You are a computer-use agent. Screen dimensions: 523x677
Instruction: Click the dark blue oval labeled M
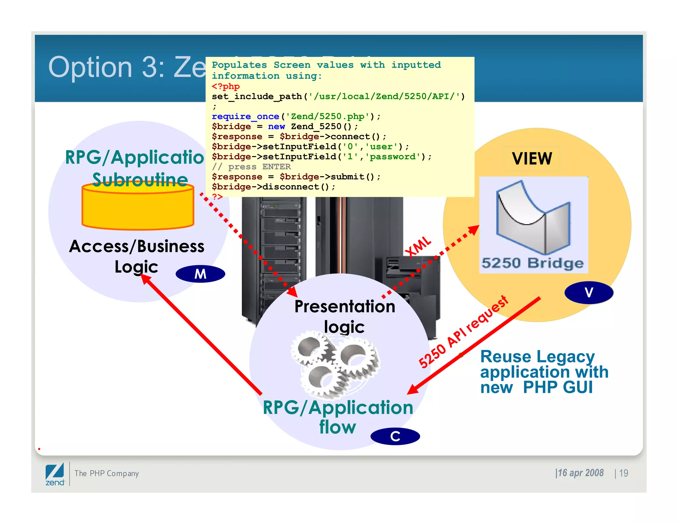(200, 274)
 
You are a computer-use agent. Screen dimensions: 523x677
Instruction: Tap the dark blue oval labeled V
(589, 293)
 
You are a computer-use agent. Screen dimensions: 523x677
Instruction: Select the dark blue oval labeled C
(395, 436)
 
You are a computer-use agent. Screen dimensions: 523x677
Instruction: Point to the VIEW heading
(532, 159)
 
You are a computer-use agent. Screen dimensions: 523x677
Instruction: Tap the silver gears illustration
(335, 364)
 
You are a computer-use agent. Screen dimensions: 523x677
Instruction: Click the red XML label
(418, 247)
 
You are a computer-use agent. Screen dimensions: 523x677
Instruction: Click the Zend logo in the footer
(55, 474)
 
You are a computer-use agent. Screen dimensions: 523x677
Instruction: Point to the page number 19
(623, 473)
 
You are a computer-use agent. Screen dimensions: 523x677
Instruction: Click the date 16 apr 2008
(581, 473)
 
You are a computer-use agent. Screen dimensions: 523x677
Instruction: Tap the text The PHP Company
(106, 473)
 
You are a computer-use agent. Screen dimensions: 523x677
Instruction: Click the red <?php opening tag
(226, 86)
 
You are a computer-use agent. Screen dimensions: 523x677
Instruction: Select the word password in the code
(392, 157)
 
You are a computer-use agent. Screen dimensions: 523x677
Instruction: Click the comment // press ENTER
(251, 167)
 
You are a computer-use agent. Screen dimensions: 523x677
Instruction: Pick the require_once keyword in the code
(245, 116)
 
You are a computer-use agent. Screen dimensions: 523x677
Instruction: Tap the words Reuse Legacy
(538, 357)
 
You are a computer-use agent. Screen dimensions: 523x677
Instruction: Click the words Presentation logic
(345, 316)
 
